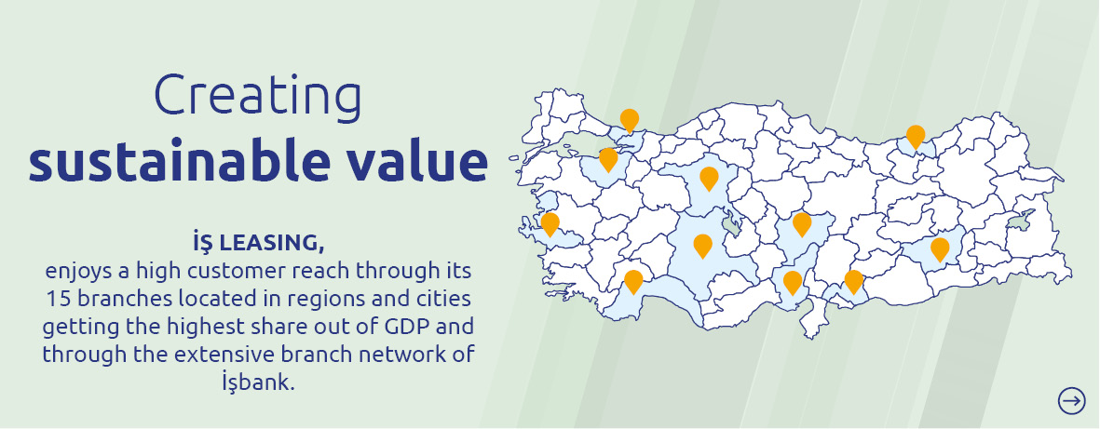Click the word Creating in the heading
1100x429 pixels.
click(258, 95)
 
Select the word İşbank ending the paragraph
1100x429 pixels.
click(258, 382)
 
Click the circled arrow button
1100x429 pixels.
click(1071, 400)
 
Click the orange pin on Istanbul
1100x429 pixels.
click(630, 120)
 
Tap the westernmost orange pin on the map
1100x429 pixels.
click(550, 224)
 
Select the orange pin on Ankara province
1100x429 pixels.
click(709, 179)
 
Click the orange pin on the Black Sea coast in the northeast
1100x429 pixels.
click(915, 137)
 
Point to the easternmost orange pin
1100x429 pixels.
click(940, 249)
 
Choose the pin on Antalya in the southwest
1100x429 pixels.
click(633, 282)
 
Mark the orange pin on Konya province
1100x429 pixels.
click(702, 246)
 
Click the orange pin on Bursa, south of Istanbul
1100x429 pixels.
click(608, 160)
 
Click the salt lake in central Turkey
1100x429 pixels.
click(733, 224)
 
